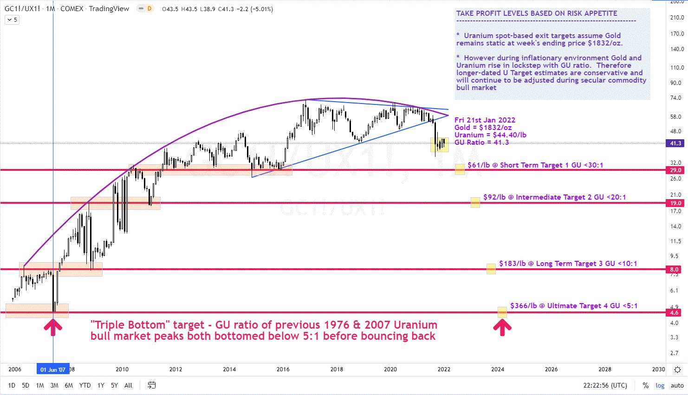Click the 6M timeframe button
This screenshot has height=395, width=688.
click(x=69, y=385)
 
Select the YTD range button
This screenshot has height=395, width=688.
click(x=85, y=385)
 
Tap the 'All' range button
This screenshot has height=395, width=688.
click(x=129, y=385)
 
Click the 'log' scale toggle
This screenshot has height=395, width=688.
click(x=660, y=385)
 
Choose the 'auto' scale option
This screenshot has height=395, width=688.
click(x=677, y=385)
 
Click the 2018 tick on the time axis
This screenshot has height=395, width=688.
click(x=337, y=369)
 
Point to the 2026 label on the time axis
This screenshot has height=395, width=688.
click(x=551, y=369)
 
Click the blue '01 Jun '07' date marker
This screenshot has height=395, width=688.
click(x=53, y=369)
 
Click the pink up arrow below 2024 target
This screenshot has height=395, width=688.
click(x=502, y=327)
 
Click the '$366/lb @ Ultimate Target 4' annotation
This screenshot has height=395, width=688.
click(x=574, y=306)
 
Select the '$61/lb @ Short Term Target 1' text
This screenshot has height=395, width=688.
click(x=535, y=165)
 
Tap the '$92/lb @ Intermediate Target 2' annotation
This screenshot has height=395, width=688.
click(x=554, y=197)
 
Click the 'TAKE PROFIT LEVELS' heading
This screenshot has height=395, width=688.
click(x=537, y=13)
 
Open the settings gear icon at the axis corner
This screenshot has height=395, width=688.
click(x=677, y=370)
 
